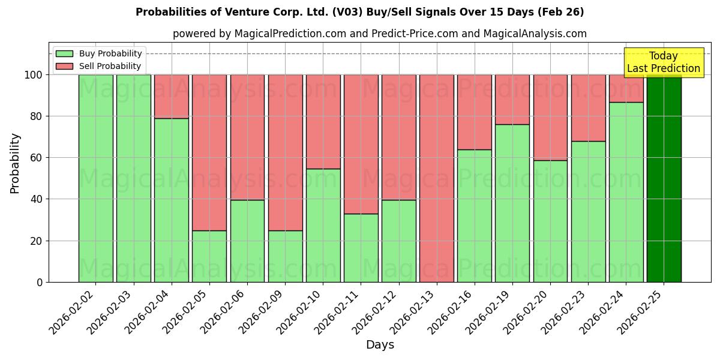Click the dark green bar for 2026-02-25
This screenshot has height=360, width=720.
tap(664, 178)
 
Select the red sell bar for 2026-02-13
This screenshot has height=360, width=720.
tap(436, 178)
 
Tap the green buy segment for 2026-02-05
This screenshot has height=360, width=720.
tap(209, 256)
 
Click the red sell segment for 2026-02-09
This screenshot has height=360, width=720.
tap(285, 152)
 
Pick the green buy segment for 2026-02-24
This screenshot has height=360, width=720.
tap(626, 192)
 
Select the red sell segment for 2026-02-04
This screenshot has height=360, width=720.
tap(172, 96)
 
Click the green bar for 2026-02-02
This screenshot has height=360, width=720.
tap(95, 178)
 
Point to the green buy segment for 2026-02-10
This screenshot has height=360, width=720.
tap(323, 225)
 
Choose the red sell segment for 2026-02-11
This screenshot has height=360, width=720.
tap(361, 144)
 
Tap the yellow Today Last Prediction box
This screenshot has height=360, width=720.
tap(663, 62)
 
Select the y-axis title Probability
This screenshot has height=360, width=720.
tap(15, 163)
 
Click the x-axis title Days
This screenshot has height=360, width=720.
tap(380, 344)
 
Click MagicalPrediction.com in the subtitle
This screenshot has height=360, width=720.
tap(290, 34)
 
